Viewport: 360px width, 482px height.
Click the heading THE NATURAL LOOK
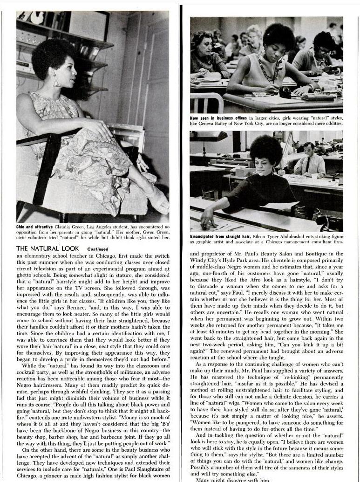(48, 248)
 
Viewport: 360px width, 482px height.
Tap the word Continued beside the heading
(97, 249)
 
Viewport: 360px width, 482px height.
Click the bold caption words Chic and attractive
(35, 227)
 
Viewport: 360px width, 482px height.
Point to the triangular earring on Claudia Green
(56, 83)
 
